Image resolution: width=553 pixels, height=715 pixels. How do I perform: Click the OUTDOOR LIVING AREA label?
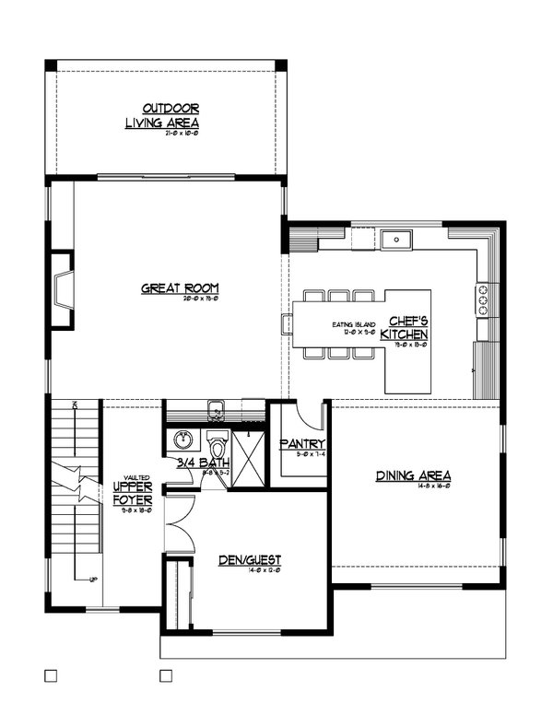pyautogui.click(x=162, y=115)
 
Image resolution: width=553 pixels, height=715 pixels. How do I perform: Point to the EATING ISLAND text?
pyautogui.click(x=352, y=325)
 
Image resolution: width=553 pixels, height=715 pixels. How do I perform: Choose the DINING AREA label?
pyautogui.click(x=411, y=476)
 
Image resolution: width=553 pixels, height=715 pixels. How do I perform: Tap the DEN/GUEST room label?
pyautogui.click(x=249, y=559)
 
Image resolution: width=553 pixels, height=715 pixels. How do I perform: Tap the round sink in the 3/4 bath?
pyautogui.click(x=182, y=439)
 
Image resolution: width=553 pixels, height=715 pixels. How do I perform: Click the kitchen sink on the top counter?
pyautogui.click(x=397, y=240)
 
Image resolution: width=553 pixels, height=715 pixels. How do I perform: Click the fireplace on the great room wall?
pyautogui.click(x=63, y=290)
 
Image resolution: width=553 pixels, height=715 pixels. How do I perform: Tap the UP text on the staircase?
pyautogui.click(x=93, y=579)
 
